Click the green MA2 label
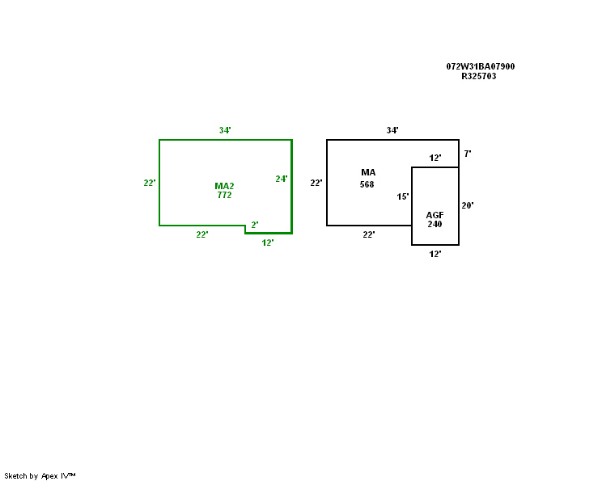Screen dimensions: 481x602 tap(224, 186)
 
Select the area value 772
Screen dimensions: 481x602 tap(224, 196)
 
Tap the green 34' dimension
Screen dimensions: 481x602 tap(225, 130)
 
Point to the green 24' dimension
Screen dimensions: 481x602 tap(281, 179)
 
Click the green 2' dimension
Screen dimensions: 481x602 tap(254, 225)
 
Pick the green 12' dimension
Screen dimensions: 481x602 tap(267, 243)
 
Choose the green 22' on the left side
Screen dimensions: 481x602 tap(149, 183)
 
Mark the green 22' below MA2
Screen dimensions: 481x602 tap(201, 234)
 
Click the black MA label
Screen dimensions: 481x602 tap(368, 172)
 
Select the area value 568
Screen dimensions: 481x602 tap(367, 184)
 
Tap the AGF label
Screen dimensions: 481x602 tap(435, 214)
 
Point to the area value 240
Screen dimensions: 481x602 tap(435, 224)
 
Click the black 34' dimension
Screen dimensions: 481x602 tap(392, 130)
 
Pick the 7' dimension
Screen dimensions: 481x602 tap(467, 153)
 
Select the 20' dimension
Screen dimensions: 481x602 tap(467, 205)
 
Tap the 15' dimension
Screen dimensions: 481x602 tap(402, 196)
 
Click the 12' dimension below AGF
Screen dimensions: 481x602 tap(435, 254)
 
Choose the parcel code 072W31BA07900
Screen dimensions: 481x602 tap(480, 66)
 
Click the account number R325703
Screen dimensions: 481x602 tap(478, 76)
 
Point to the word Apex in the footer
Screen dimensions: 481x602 tap(51, 475)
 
